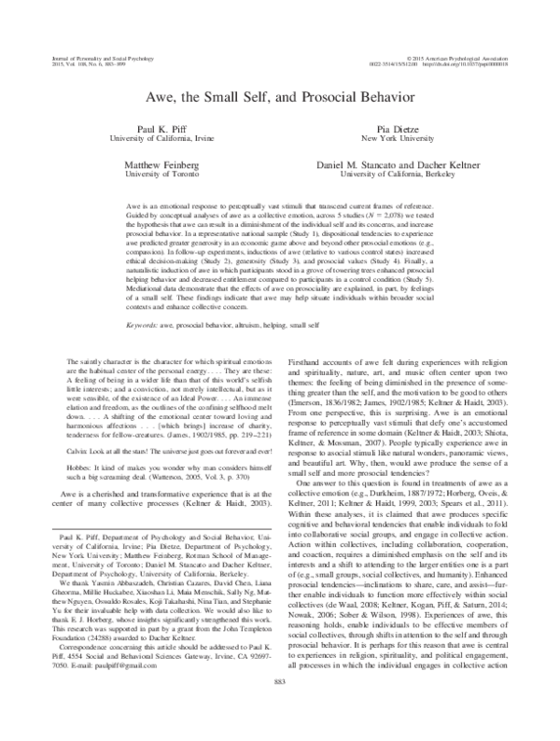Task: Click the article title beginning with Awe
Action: [279, 96]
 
